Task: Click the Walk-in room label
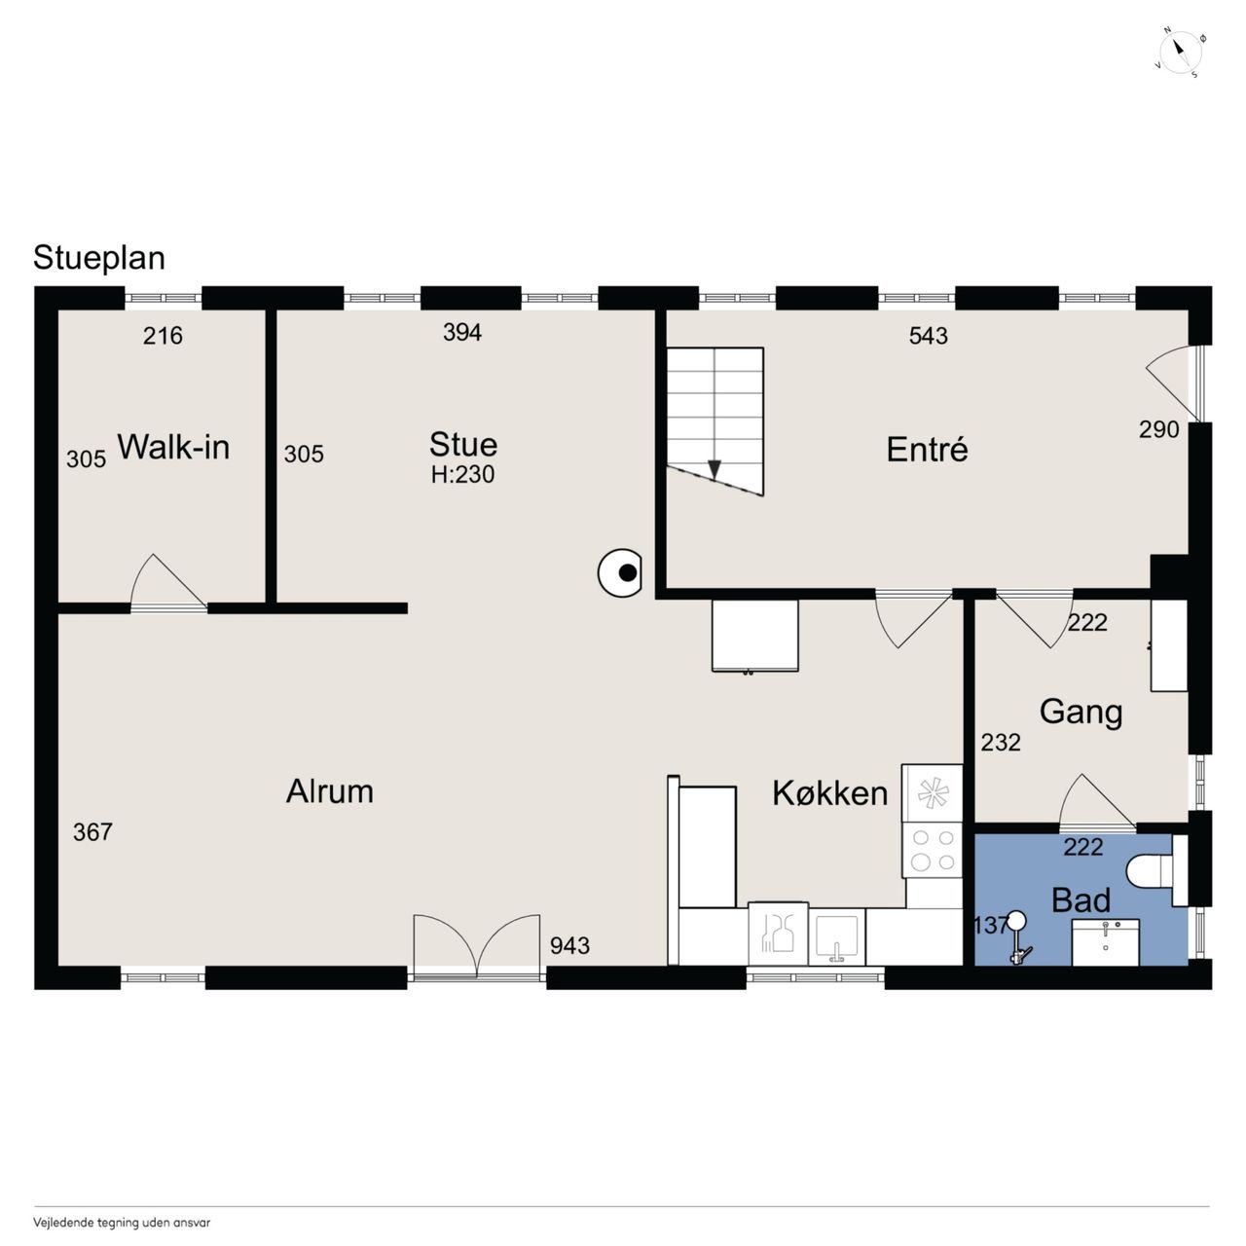click(173, 447)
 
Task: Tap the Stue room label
click(463, 444)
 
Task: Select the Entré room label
click(927, 449)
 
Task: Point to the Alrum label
click(330, 790)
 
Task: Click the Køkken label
click(830, 792)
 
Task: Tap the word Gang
click(1081, 713)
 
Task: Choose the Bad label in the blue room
click(1081, 899)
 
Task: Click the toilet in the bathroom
click(1150, 870)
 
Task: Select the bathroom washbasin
click(1106, 942)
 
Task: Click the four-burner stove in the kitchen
click(933, 850)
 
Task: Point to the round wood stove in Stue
click(619, 572)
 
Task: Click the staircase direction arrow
click(715, 468)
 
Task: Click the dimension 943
click(569, 946)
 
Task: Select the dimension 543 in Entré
click(928, 336)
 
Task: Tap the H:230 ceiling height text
click(463, 475)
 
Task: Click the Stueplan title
click(99, 258)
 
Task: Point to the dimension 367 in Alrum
click(92, 832)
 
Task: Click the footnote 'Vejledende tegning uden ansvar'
click(122, 1223)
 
